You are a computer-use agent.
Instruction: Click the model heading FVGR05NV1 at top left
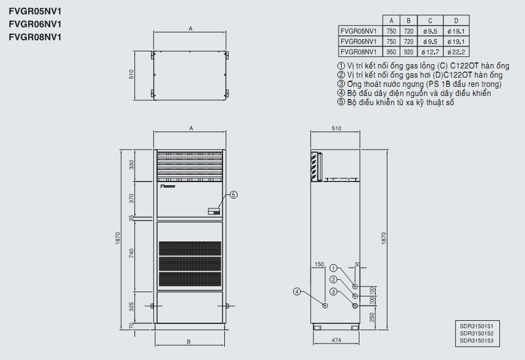click(x=35, y=11)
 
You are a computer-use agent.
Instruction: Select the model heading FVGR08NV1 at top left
click(x=35, y=37)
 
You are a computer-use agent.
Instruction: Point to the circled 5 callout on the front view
click(x=234, y=195)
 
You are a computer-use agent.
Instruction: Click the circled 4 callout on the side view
click(x=297, y=292)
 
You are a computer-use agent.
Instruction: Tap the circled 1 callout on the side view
click(x=333, y=268)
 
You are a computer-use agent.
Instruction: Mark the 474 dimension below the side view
click(x=336, y=340)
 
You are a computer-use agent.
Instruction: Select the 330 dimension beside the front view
click(x=131, y=164)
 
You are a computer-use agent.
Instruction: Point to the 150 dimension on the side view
click(x=319, y=265)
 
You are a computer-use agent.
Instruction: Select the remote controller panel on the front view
click(x=213, y=211)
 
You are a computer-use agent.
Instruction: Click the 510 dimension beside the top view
click(x=131, y=74)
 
